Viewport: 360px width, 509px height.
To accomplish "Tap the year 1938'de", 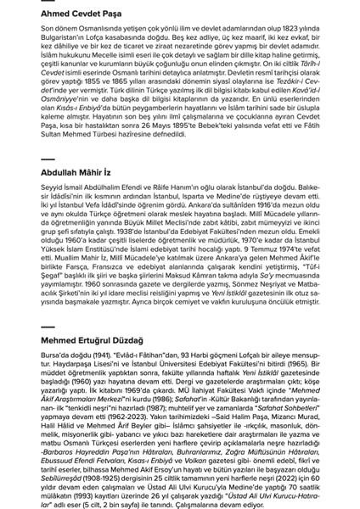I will pos(120,266).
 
